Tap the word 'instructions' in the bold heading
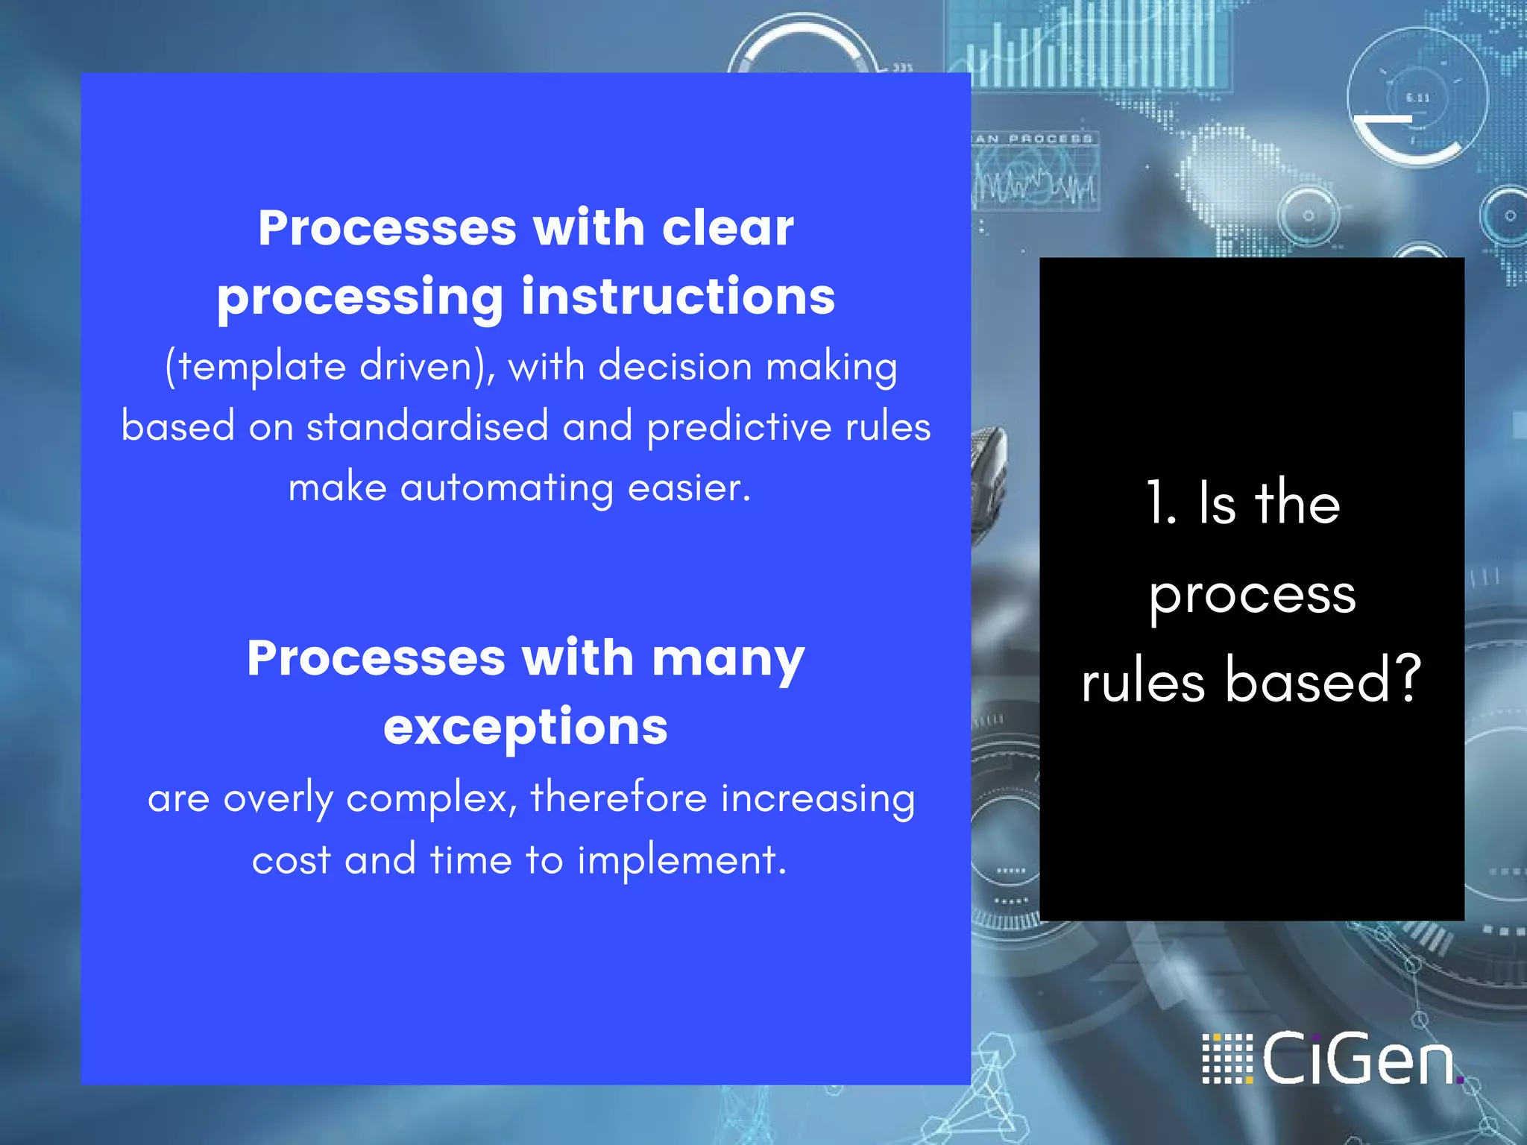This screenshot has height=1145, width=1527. [678, 297]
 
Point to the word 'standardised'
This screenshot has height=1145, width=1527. [427, 427]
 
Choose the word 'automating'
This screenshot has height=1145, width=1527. [507, 489]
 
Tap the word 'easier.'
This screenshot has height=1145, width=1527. [689, 488]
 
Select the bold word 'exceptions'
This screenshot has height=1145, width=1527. [526, 727]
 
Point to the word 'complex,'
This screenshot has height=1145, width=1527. [432, 799]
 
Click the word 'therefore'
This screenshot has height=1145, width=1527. [618, 798]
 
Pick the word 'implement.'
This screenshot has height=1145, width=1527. [682, 861]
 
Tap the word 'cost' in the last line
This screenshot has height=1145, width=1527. [291, 861]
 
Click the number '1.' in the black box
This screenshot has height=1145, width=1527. [1162, 504]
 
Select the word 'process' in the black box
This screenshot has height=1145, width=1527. [1252, 595]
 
